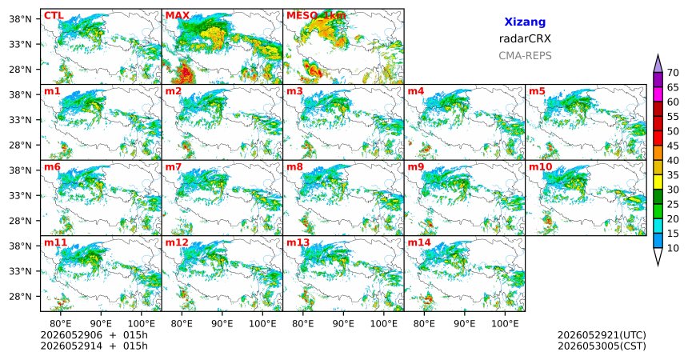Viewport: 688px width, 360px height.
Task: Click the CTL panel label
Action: click(54, 16)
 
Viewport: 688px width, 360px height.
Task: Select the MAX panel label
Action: click(178, 16)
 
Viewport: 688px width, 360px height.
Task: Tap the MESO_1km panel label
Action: click(316, 16)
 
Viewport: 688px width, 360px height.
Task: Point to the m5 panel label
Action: click(537, 91)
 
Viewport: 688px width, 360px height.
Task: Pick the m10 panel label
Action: click(540, 167)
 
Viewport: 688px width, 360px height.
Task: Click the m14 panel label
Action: click(419, 242)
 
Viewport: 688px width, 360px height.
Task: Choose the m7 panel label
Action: click(174, 167)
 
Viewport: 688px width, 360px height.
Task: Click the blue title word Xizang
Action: click(525, 22)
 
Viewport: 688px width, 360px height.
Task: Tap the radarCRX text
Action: click(525, 38)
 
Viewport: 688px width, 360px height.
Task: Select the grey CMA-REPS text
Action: click(525, 56)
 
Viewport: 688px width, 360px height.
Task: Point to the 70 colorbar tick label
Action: click(673, 73)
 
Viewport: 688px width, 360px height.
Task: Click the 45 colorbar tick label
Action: click(673, 146)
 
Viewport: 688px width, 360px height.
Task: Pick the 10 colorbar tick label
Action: click(673, 248)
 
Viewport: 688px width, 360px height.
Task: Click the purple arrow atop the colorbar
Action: click(658, 64)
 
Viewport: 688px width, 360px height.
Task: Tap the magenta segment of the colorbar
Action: click(658, 94)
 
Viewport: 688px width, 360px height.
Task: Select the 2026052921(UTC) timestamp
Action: click(602, 335)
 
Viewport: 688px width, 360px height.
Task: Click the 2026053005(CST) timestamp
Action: click(602, 346)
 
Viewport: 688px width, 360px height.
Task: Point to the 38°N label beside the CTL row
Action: click(20, 19)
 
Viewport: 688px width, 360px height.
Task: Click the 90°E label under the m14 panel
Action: click(465, 324)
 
